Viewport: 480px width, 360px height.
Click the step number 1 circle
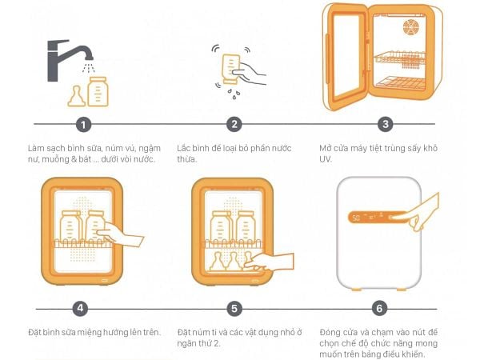(x=83, y=125)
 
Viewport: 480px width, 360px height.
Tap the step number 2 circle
(x=234, y=125)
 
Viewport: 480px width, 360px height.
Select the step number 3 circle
(x=386, y=125)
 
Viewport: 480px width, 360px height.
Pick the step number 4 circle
(x=79, y=309)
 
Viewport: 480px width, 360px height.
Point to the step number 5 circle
(x=234, y=309)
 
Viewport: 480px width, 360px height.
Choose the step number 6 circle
(x=380, y=309)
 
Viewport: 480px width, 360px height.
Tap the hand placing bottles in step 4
(x=120, y=236)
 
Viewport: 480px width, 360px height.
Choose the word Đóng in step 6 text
(x=330, y=332)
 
